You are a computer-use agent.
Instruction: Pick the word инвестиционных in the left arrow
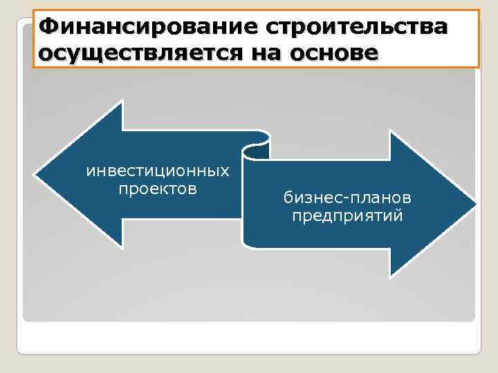click(x=158, y=170)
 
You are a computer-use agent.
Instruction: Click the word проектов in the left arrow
click(x=158, y=189)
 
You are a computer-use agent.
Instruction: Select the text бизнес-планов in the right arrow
click(x=347, y=198)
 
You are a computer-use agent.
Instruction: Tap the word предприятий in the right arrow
click(x=347, y=217)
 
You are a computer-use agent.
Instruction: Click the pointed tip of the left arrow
click(x=37, y=173)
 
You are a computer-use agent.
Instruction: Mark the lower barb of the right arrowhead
click(x=391, y=274)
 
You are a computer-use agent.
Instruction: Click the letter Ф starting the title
click(x=48, y=27)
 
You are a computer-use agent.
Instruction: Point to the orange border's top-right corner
click(x=479, y=10)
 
